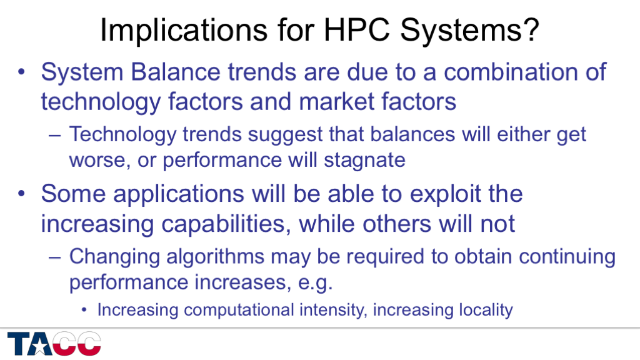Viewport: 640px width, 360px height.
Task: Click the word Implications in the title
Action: [x=183, y=30]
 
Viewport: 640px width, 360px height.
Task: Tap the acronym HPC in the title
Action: [x=357, y=30]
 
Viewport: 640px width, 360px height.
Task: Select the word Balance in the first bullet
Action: [x=176, y=72]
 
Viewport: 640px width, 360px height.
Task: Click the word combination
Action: [x=511, y=72]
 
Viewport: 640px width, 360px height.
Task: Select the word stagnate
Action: [x=364, y=160]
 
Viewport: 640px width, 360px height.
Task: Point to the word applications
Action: [x=179, y=194]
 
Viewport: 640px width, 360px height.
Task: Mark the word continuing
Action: [x=567, y=257]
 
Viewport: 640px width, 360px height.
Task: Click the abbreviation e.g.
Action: [x=315, y=282]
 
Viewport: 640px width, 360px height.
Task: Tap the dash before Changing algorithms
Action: [x=55, y=258]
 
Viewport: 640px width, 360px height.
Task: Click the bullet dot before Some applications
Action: [x=22, y=194]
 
